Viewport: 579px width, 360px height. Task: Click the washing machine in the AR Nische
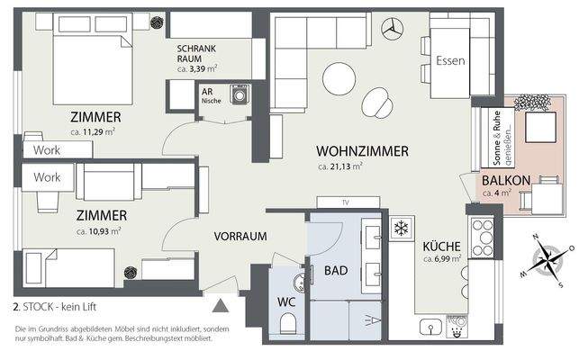tap(239, 95)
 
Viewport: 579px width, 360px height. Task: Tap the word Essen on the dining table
tap(449, 61)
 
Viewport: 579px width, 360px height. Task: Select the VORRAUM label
tap(240, 237)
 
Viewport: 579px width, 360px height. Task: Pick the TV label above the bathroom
tap(345, 202)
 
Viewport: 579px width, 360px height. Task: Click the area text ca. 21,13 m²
tap(340, 166)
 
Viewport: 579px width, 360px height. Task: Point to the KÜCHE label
tap(442, 247)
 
